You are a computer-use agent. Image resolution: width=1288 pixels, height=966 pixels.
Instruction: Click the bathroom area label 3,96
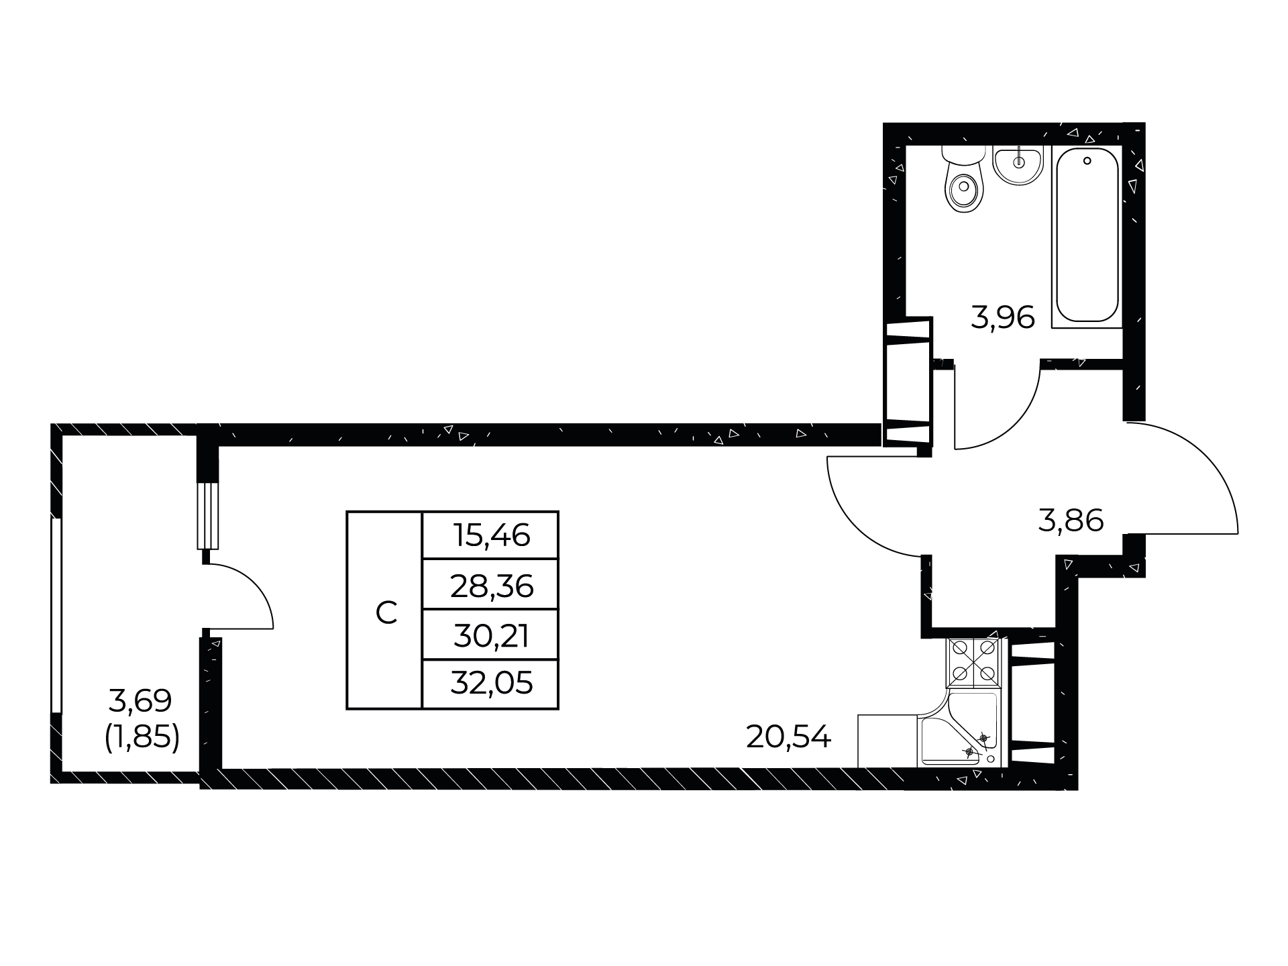point(1003,317)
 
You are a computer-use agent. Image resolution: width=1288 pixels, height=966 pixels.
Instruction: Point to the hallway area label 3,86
point(1071,521)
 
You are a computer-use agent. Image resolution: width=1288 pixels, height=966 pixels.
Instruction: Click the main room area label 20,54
point(788,738)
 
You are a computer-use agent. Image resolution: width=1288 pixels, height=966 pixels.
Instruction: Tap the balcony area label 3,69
point(140,702)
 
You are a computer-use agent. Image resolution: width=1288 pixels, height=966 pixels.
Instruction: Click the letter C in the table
point(386,612)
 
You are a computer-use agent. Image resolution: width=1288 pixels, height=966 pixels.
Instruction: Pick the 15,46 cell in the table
point(491,535)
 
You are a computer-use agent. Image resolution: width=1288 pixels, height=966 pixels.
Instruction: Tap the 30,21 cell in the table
point(491,635)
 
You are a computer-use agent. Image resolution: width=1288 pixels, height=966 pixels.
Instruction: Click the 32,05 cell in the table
point(491,684)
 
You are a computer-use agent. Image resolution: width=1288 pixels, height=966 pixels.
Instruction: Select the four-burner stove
point(972,662)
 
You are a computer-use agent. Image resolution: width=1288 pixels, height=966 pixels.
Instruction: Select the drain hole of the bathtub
point(1087,161)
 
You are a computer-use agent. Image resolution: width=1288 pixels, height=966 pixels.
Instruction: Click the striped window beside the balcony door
point(208,516)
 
